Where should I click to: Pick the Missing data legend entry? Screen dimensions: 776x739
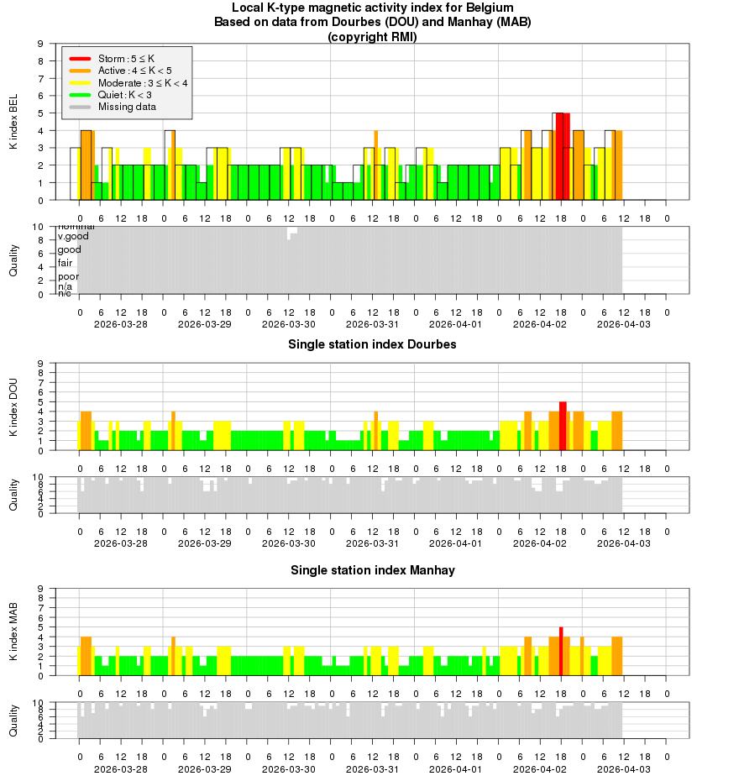(x=127, y=107)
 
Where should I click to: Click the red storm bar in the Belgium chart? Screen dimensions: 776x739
(x=563, y=156)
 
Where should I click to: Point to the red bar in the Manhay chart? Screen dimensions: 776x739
(x=561, y=650)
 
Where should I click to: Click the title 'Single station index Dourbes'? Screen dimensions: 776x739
(x=372, y=344)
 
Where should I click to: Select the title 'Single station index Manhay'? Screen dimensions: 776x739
(x=372, y=570)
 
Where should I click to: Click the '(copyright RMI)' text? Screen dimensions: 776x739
(x=372, y=36)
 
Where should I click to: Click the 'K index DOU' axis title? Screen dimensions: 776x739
(x=13, y=407)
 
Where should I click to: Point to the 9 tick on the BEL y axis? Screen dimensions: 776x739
(x=41, y=43)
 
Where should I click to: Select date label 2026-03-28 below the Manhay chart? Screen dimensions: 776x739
(x=121, y=768)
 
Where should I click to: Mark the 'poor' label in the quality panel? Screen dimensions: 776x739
(x=68, y=276)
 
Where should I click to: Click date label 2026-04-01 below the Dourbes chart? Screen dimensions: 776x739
(x=456, y=543)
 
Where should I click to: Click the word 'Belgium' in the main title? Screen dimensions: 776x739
(x=490, y=8)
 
